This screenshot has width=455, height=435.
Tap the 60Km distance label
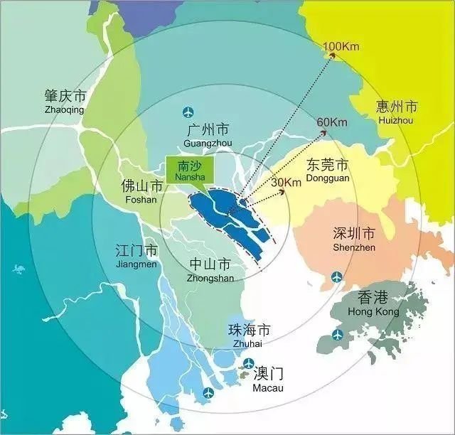click(331, 122)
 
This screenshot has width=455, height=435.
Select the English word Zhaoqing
click(64, 110)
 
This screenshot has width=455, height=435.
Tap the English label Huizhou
click(396, 121)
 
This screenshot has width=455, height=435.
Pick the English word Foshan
click(141, 200)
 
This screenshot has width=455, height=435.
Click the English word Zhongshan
click(210, 278)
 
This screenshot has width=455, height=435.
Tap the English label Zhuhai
click(247, 344)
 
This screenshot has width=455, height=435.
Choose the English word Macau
click(268, 388)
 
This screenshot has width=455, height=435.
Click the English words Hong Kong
click(373, 311)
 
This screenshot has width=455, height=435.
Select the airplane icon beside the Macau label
click(248, 364)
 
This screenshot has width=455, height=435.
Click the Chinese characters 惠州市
click(397, 107)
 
